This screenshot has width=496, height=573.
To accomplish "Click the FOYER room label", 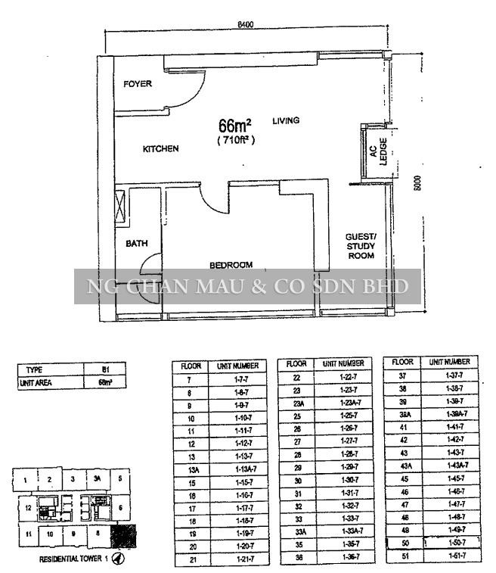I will [x=138, y=84].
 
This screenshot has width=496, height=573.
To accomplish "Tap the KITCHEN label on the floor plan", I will [x=161, y=149].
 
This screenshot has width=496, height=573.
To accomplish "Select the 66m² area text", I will [x=234, y=126].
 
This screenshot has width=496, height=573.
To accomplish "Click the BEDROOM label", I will [x=231, y=265].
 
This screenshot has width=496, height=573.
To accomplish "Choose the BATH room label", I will [x=137, y=244].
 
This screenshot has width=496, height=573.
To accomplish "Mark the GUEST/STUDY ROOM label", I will [x=361, y=246].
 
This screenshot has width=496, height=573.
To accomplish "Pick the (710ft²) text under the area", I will [x=236, y=140].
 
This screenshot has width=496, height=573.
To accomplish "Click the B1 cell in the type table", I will [x=106, y=370].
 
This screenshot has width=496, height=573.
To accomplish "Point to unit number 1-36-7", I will [x=343, y=557].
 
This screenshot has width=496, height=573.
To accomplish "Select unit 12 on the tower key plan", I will [x=28, y=508].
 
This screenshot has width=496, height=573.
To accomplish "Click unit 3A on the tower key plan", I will [x=97, y=479].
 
